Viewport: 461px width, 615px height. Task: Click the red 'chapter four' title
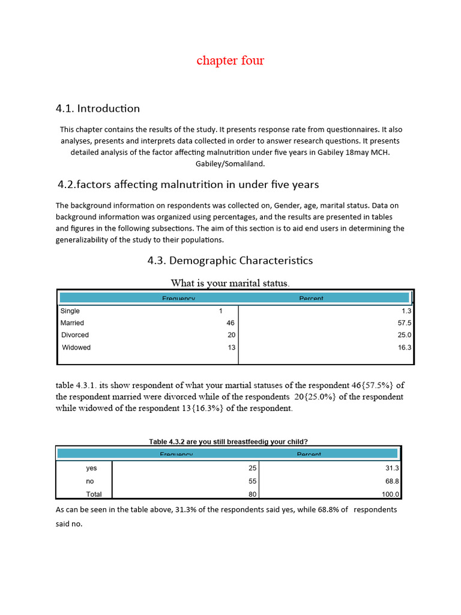pyautogui.click(x=230, y=61)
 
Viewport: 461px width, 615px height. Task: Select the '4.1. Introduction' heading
pyautogui.click(x=98, y=109)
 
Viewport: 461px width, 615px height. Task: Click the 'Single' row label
pyautogui.click(x=70, y=311)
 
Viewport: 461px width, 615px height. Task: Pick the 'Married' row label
pyautogui.click(x=73, y=323)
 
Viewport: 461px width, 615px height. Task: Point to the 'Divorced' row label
pyautogui.click(x=75, y=335)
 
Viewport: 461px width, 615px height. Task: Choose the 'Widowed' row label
pyautogui.click(x=76, y=348)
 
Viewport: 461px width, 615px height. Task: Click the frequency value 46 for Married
pyautogui.click(x=230, y=323)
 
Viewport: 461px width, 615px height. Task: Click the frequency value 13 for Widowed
pyautogui.click(x=231, y=348)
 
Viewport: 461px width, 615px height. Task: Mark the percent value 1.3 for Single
pyautogui.click(x=406, y=311)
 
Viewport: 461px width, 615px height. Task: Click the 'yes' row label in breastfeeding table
pyautogui.click(x=91, y=468)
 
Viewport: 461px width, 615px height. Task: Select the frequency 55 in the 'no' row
pyautogui.click(x=253, y=482)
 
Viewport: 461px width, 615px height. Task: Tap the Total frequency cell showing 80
pyautogui.click(x=253, y=495)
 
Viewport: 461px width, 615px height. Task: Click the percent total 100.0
pyautogui.click(x=391, y=495)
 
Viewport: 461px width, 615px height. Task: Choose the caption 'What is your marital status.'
pyautogui.click(x=230, y=283)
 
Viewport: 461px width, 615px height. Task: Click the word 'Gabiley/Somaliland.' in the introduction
pyautogui.click(x=230, y=164)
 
